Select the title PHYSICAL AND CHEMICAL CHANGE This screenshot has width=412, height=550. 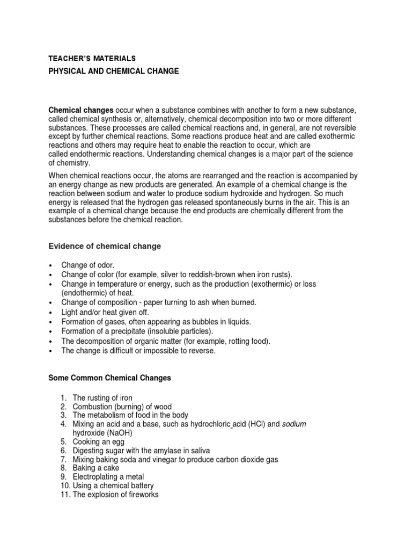coord(114,71)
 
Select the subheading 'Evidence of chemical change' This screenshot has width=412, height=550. coord(105,246)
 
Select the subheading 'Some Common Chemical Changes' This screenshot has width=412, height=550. coord(109,378)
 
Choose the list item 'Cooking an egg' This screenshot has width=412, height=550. coord(98,442)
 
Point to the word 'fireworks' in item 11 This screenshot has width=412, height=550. coord(142,495)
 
